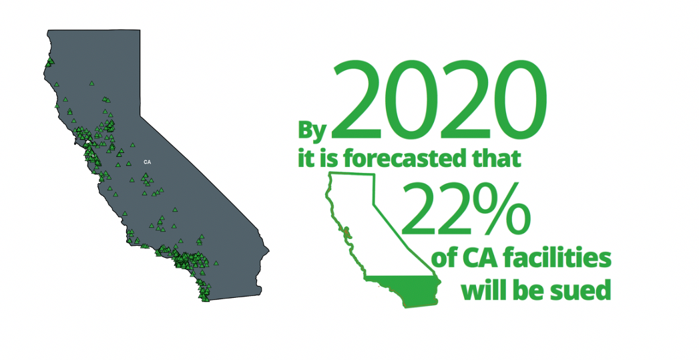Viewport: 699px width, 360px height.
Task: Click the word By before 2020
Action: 312,131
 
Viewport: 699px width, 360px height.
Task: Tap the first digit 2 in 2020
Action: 357,101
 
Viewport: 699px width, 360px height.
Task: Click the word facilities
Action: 555,258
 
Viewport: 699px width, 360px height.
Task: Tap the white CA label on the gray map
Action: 147,162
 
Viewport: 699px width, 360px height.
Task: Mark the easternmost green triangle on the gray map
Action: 216,263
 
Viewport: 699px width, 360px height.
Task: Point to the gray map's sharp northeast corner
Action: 140,30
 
